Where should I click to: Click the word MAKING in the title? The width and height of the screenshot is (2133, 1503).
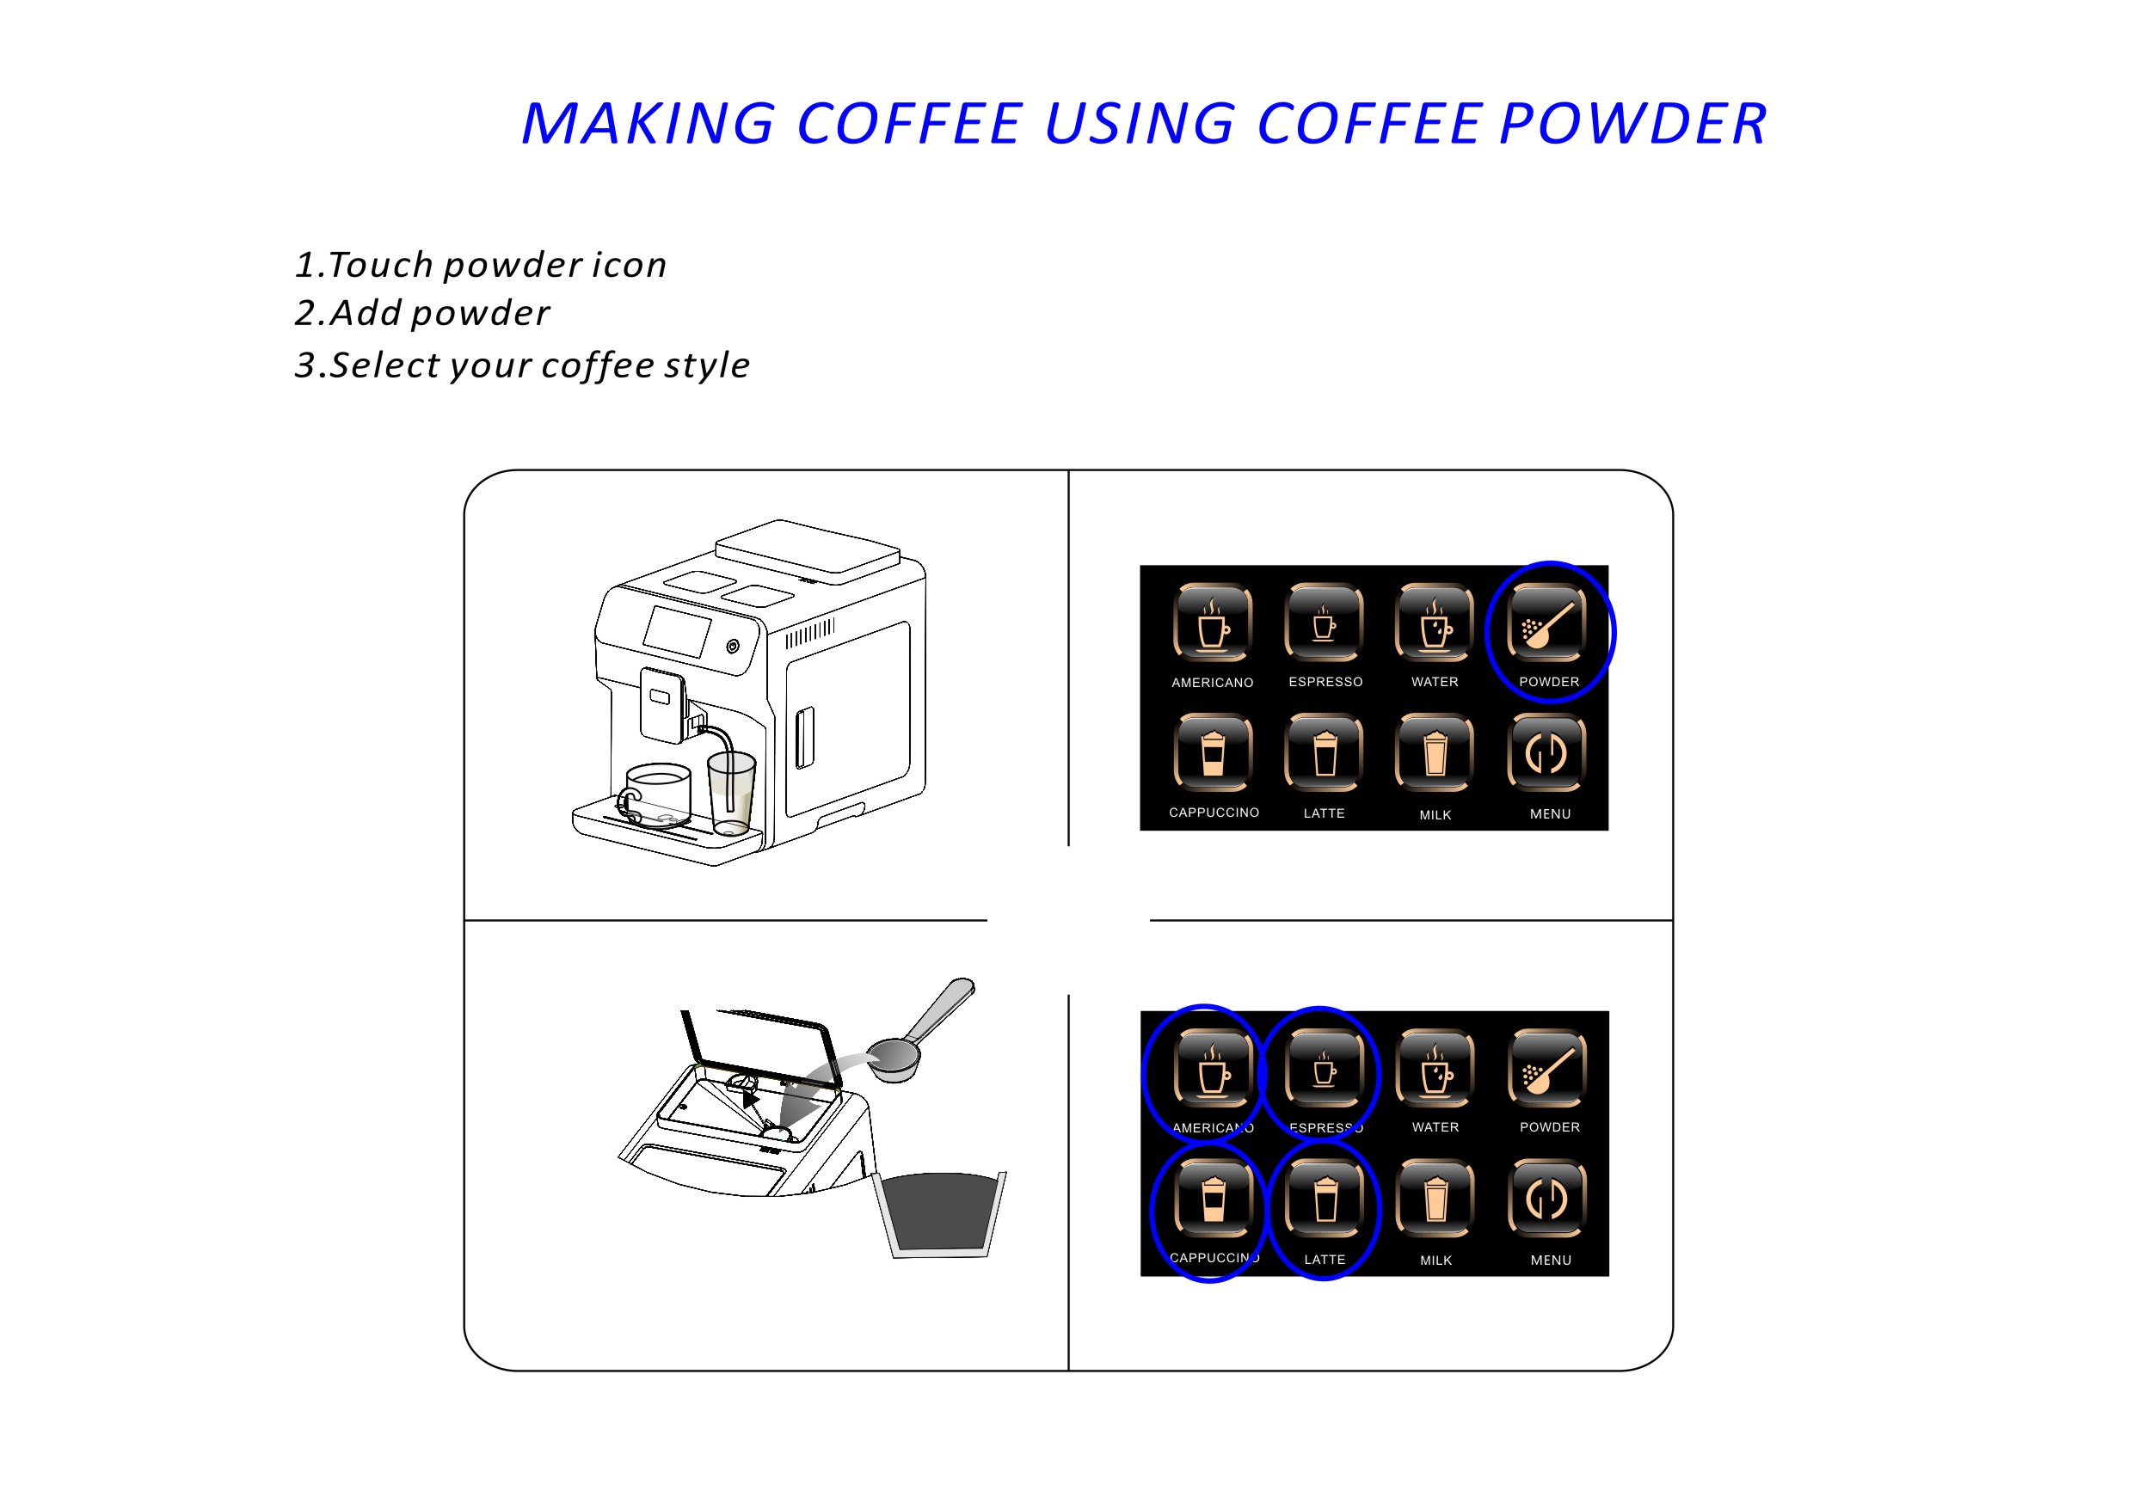pos(648,124)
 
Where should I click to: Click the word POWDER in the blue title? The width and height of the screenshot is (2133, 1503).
pos(1632,124)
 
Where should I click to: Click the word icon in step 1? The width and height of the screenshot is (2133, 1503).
pos(630,265)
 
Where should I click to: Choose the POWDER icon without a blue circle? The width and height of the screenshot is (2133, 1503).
pos(1548,1067)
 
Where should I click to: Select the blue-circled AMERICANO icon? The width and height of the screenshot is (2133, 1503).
pos(1214,1067)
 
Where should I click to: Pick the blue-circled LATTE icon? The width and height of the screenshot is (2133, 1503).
pos(1325,1199)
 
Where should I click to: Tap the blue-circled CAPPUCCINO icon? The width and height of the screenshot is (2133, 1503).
pos(1214,1199)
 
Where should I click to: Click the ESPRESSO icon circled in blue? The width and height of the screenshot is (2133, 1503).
pos(1325,1067)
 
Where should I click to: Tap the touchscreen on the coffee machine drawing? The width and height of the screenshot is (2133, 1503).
pos(677,632)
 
